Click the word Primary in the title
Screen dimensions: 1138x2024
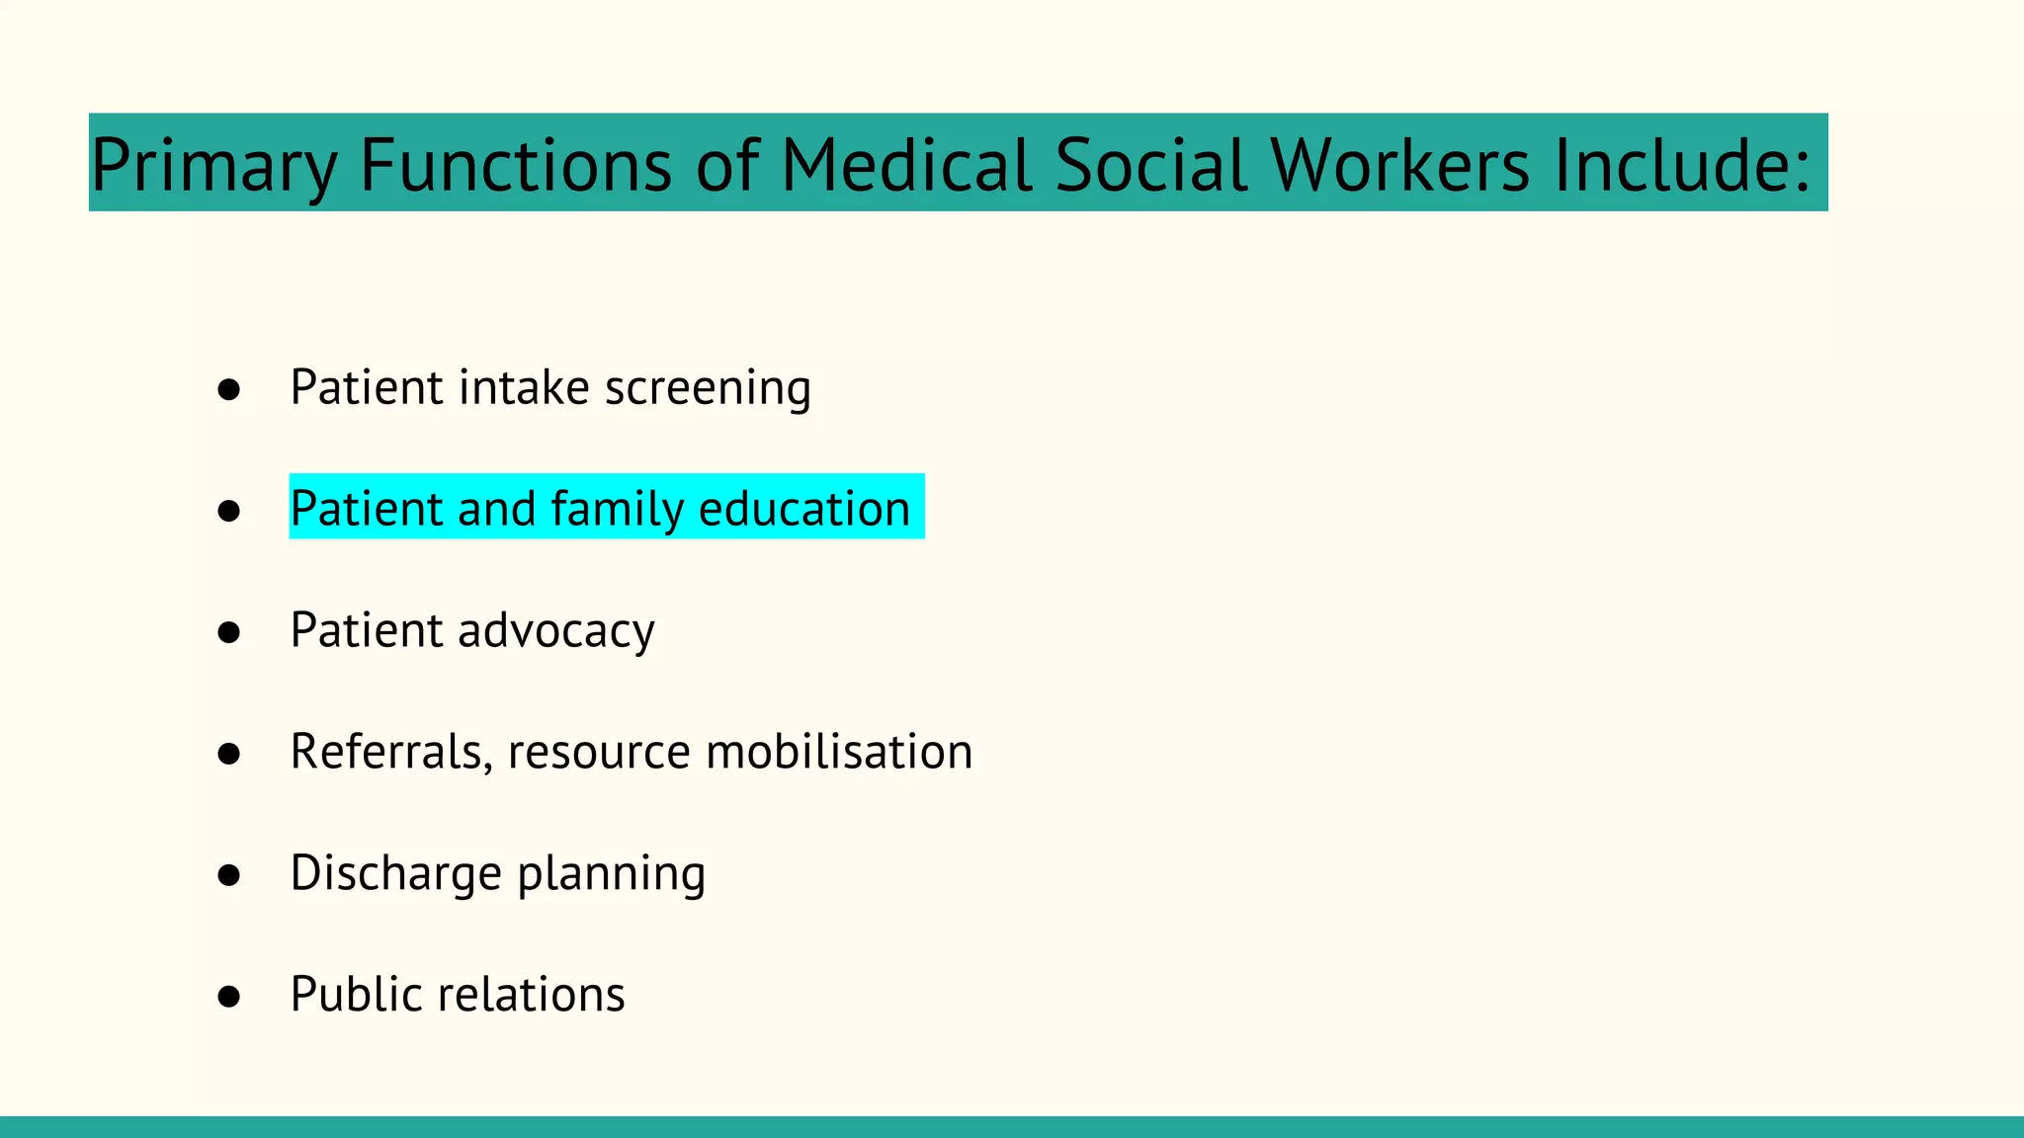point(213,166)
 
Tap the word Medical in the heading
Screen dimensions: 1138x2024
point(906,164)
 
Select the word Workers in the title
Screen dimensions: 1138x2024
point(1400,164)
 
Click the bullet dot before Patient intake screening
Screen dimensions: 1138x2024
point(229,389)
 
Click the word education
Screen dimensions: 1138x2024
point(803,509)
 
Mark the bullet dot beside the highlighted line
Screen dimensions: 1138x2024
point(229,511)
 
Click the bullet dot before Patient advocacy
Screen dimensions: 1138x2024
point(229,632)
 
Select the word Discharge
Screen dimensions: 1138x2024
point(396,874)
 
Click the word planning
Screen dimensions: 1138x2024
point(611,874)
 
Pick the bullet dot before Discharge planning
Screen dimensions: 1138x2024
point(229,875)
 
